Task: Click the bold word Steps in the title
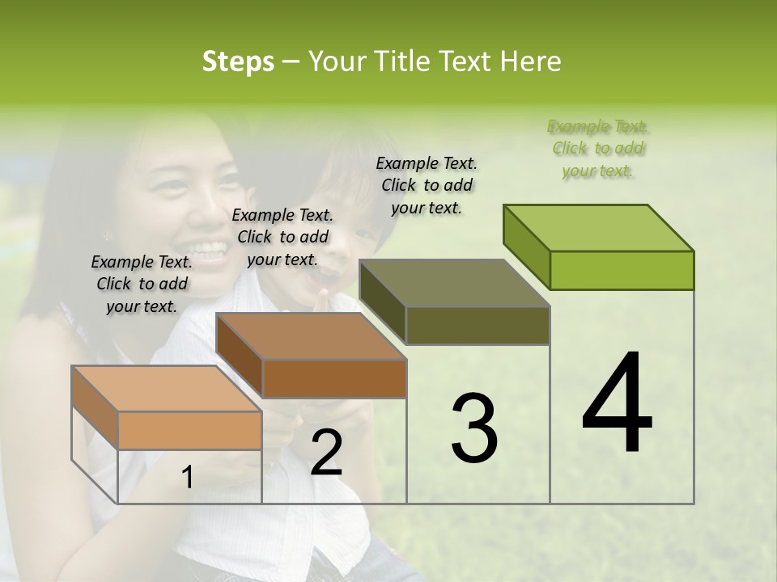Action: tap(238, 61)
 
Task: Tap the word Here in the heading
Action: tap(530, 61)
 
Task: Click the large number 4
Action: tap(617, 404)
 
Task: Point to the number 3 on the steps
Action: tap(474, 428)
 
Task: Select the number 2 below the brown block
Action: tap(326, 453)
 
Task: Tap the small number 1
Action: tap(187, 478)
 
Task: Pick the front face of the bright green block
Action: tap(622, 270)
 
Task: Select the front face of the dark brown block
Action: tap(334, 378)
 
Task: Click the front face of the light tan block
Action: tap(189, 430)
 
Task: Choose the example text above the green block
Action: tap(597, 149)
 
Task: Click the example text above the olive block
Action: tap(427, 185)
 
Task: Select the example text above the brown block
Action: tap(282, 237)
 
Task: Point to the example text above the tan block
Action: tap(142, 284)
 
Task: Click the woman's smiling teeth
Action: tap(208, 247)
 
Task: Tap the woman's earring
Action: tap(105, 236)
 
